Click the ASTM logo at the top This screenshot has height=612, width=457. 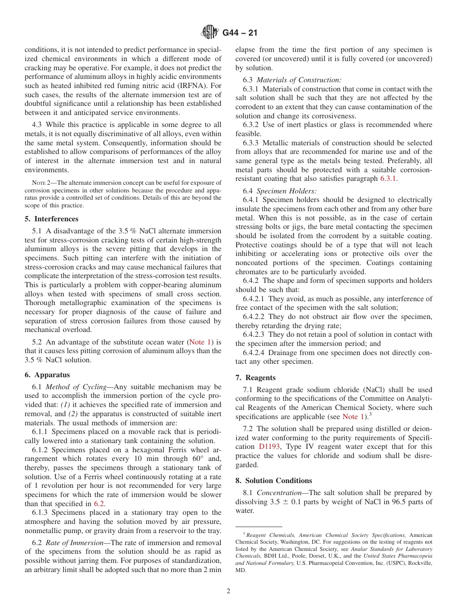pos(210,32)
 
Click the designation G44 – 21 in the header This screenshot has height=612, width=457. pos(240,33)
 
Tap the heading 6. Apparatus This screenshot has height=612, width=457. pos(47,375)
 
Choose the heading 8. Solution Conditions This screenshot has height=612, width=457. pos(274,481)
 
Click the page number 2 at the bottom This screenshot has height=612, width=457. pos(228,591)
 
